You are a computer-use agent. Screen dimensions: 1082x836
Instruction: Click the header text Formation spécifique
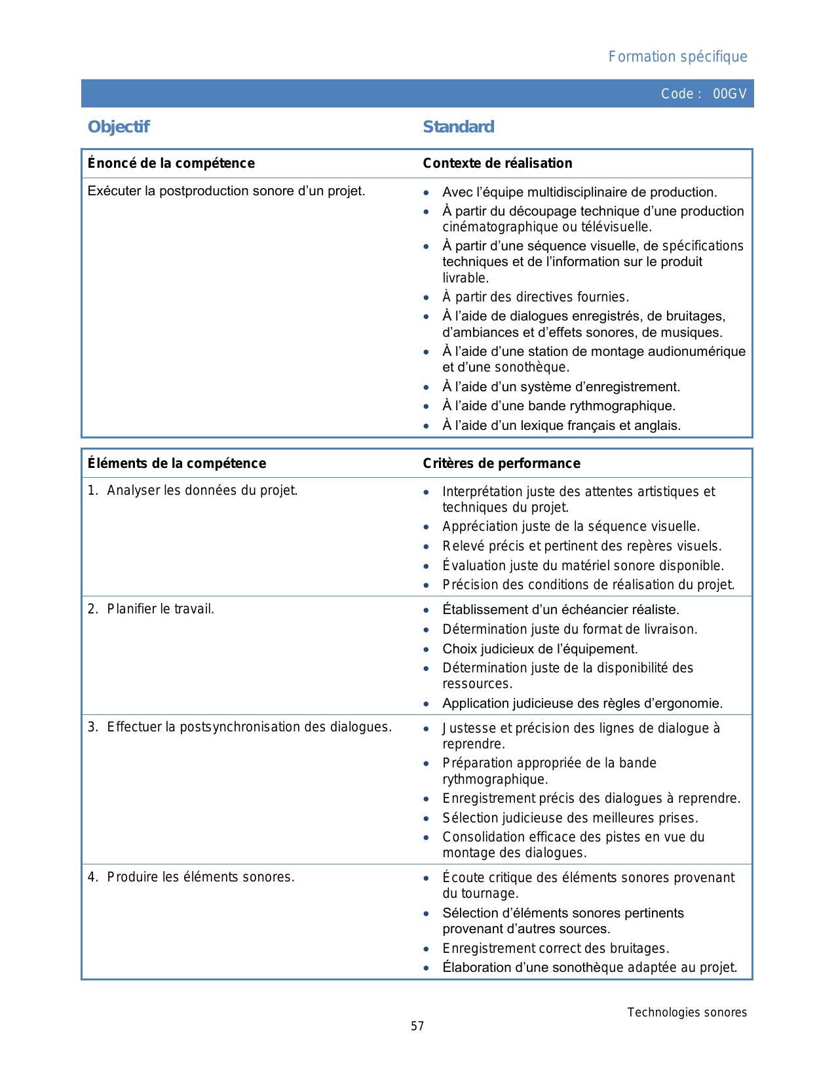pyautogui.click(x=677, y=57)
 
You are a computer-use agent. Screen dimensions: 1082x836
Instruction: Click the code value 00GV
pyautogui.click(x=729, y=94)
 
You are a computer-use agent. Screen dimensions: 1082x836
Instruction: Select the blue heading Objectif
pyautogui.click(x=119, y=126)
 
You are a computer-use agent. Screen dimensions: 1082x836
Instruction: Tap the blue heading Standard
pyautogui.click(x=459, y=126)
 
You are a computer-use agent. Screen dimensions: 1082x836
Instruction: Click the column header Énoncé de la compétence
pyautogui.click(x=171, y=163)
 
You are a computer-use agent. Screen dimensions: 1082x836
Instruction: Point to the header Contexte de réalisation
pyautogui.click(x=497, y=163)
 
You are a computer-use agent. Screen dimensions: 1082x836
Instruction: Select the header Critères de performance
pyautogui.click(x=501, y=463)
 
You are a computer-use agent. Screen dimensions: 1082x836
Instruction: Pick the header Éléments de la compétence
pyautogui.click(x=177, y=463)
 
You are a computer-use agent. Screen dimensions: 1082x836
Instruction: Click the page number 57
pyautogui.click(x=417, y=1026)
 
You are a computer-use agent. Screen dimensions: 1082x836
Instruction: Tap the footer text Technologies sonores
pyautogui.click(x=687, y=1013)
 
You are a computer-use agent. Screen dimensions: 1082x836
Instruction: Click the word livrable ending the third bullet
pyautogui.click(x=465, y=278)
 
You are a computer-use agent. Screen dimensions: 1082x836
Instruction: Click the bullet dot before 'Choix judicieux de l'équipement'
pyautogui.click(x=427, y=649)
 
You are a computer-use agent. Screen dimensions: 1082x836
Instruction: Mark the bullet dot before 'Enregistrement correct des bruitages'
pyautogui.click(x=427, y=949)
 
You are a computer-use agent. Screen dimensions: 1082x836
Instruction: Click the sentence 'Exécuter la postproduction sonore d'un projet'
pyautogui.click(x=226, y=191)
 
